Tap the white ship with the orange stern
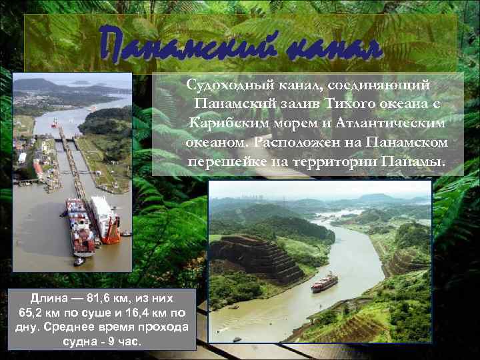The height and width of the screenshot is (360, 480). point(105,221)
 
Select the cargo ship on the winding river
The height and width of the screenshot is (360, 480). point(325,282)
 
